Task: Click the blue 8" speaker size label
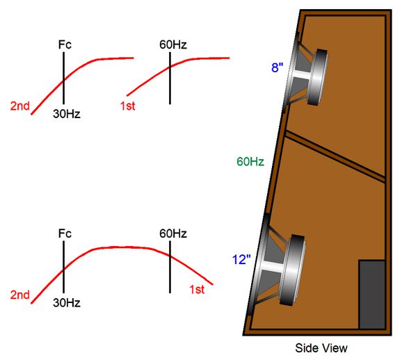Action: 277,68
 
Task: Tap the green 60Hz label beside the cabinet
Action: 250,162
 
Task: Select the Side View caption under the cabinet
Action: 321,347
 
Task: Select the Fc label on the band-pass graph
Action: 65,234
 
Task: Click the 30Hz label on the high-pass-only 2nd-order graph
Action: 67,114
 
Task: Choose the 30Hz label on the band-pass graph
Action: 67,302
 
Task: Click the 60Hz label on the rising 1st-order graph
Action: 170,45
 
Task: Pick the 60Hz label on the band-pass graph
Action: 170,234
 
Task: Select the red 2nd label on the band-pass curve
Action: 20,295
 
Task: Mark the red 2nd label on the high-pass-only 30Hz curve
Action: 20,106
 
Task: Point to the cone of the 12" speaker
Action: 268,268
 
